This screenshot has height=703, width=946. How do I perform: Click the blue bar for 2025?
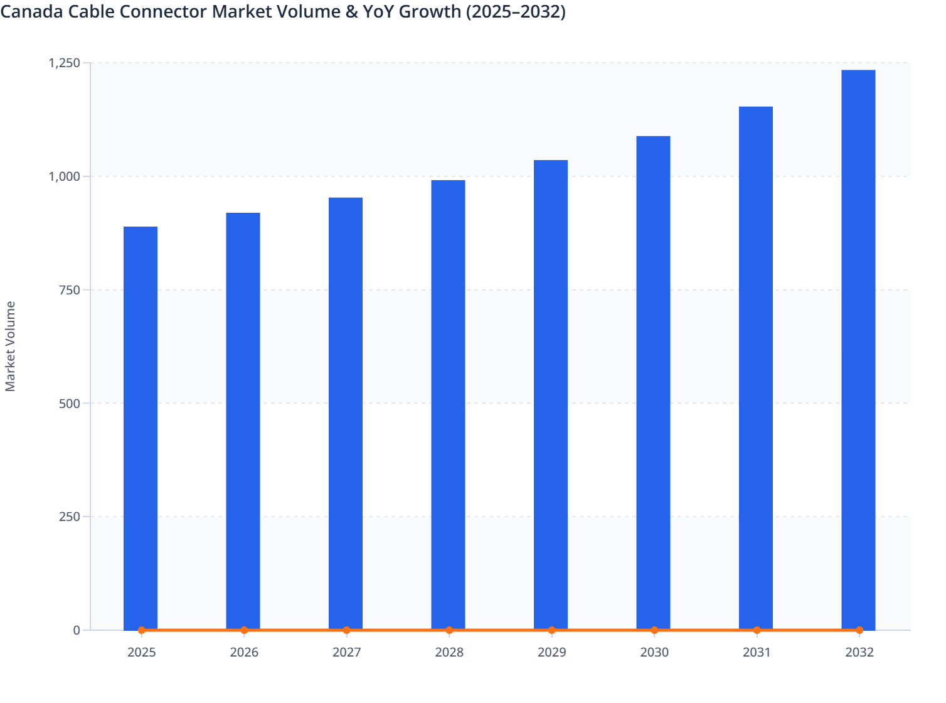pyautogui.click(x=141, y=427)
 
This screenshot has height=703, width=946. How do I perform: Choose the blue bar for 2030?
pyautogui.click(x=653, y=382)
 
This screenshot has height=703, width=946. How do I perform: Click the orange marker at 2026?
pyautogui.click(x=244, y=630)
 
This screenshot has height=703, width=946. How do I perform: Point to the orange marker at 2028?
pyautogui.click(x=449, y=630)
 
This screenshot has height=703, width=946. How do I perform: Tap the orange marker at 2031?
pyautogui.click(x=757, y=630)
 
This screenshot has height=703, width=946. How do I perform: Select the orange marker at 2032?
pyautogui.click(x=859, y=630)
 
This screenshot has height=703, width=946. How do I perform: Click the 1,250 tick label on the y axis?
pyautogui.click(x=65, y=63)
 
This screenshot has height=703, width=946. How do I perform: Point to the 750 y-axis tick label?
pyautogui.click(x=70, y=290)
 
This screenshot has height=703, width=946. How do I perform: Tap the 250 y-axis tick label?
pyautogui.click(x=70, y=517)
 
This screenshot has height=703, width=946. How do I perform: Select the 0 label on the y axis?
pyautogui.click(x=77, y=630)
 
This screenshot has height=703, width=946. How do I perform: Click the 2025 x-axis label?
pyautogui.click(x=142, y=652)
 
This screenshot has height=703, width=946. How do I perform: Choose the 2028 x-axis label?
pyautogui.click(x=449, y=652)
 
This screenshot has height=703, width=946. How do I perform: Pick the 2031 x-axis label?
pyautogui.click(x=757, y=652)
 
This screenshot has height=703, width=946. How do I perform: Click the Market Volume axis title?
pyautogui.click(x=11, y=346)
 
